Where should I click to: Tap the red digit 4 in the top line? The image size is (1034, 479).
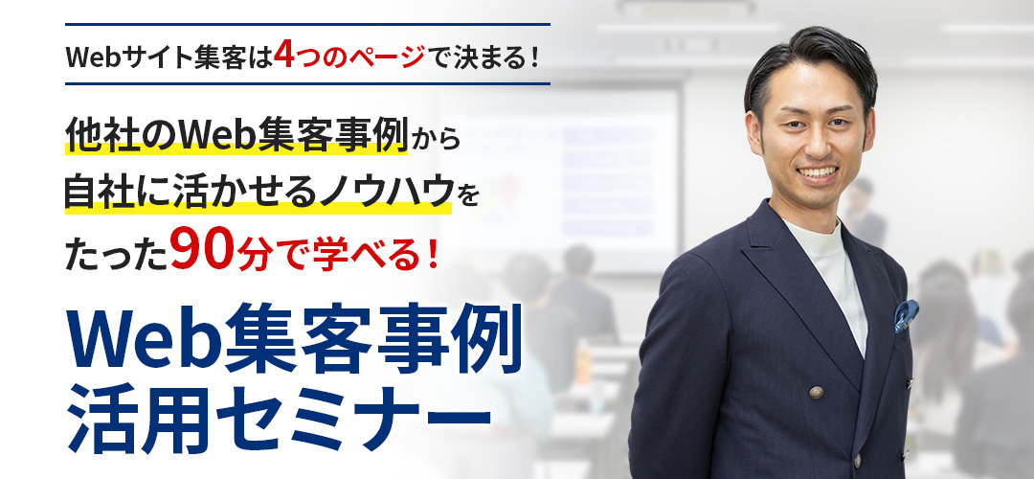pyautogui.click(x=282, y=55)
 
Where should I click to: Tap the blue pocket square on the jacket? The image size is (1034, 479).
pyautogui.click(x=906, y=314)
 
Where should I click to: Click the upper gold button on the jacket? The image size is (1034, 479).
pyautogui.click(x=817, y=392)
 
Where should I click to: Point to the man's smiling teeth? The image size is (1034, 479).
pyautogui.click(x=818, y=172)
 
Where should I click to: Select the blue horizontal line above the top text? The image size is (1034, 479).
pyautogui.click(x=308, y=24)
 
